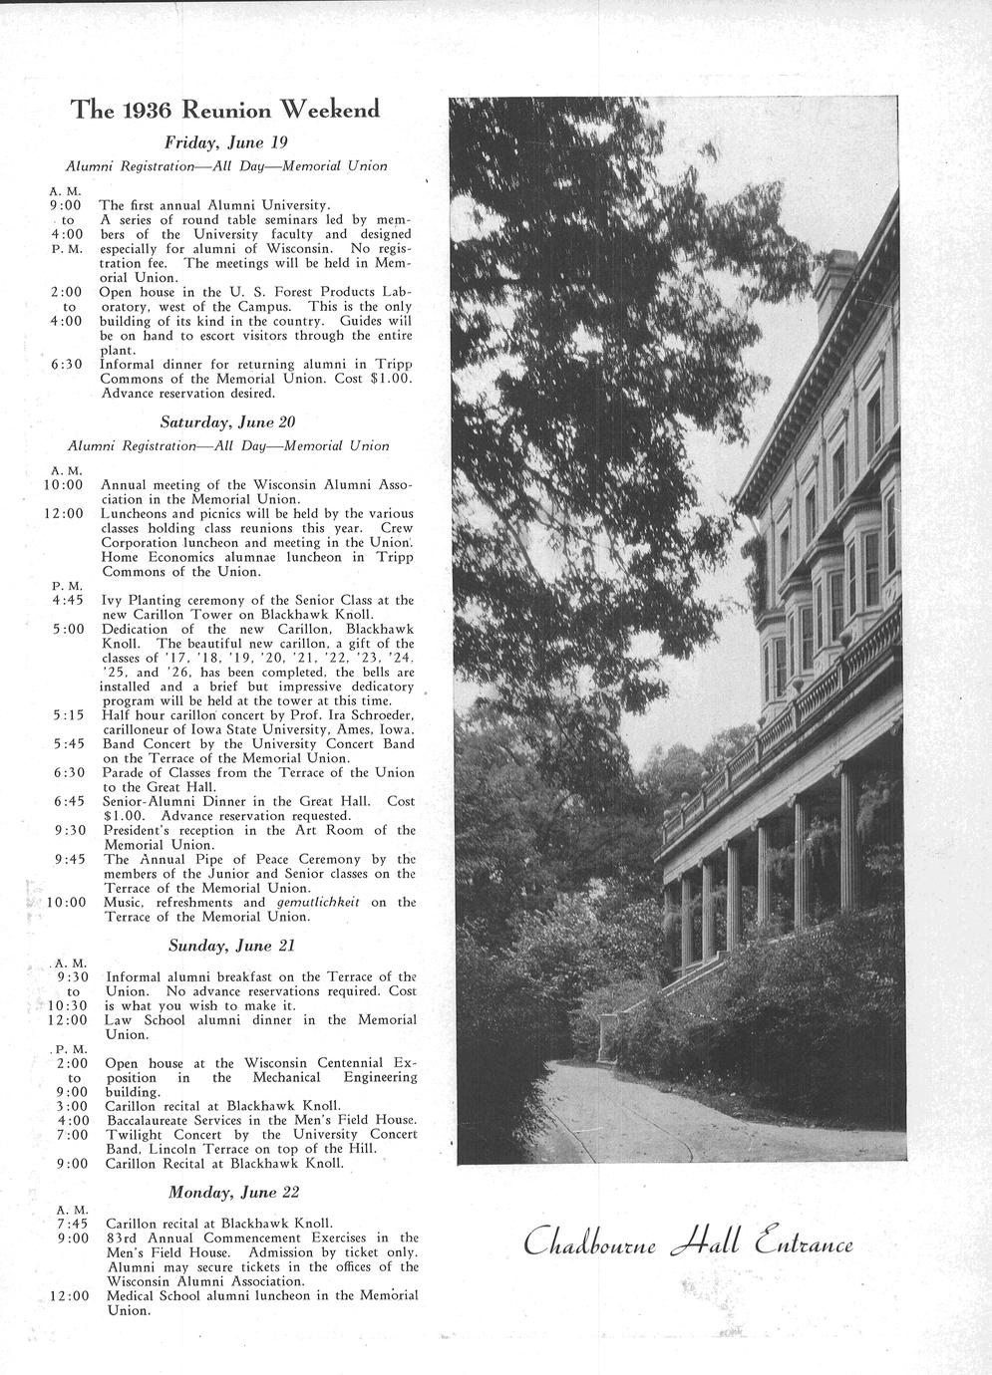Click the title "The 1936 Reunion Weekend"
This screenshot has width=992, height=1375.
tap(224, 110)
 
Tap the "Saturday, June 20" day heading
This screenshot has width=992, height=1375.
tap(227, 421)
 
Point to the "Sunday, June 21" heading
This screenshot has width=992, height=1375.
tap(232, 944)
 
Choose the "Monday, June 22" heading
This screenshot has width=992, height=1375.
tap(233, 1192)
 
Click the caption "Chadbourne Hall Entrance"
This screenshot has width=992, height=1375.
tap(689, 1243)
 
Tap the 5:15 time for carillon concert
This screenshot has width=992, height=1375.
tap(69, 715)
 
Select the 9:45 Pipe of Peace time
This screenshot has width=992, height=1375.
tap(70, 859)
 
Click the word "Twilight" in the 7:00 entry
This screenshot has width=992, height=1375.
tap(135, 1135)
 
